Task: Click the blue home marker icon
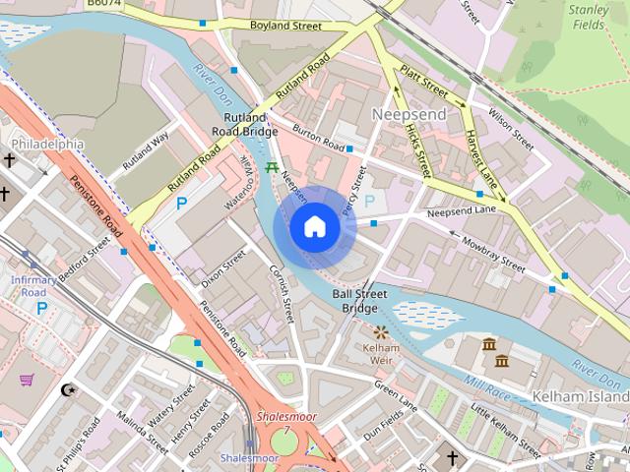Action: click(314, 227)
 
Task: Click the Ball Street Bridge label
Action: click(360, 301)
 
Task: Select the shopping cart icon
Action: click(27, 379)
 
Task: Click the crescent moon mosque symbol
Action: click(67, 389)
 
